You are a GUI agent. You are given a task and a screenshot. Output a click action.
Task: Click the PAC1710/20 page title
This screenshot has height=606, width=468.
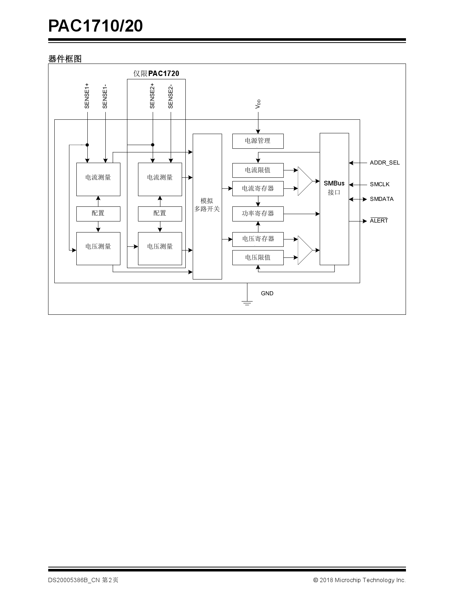point(95,26)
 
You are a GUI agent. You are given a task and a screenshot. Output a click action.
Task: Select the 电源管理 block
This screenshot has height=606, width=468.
point(258,141)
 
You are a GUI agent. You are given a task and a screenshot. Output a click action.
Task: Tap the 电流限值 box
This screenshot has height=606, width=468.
point(258,170)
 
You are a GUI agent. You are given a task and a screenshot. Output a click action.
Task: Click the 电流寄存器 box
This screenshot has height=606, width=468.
point(258,188)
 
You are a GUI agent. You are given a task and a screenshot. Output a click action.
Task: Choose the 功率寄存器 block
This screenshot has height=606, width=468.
point(258,214)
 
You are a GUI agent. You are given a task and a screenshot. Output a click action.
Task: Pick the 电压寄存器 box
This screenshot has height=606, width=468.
point(258,239)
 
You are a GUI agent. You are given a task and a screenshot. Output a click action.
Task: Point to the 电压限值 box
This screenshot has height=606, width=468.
point(258,257)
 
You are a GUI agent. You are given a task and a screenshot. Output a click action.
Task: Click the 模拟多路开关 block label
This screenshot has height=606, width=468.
point(207,205)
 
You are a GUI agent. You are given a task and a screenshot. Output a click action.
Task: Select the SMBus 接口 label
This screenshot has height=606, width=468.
point(334,188)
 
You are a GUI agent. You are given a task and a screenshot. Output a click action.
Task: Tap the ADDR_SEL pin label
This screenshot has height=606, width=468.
point(385,163)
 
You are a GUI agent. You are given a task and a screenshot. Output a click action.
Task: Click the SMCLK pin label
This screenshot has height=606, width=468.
point(380,184)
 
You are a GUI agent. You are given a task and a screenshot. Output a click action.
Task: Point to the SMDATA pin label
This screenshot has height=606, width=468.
point(381,199)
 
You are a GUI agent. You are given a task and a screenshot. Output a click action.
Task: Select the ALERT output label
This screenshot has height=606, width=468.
point(379,221)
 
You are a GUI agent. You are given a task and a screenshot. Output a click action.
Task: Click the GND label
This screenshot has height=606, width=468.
point(267,293)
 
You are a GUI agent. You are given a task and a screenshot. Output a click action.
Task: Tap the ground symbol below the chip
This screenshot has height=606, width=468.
point(247,303)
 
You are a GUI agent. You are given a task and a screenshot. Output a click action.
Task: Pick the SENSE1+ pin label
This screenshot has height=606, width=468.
point(87,95)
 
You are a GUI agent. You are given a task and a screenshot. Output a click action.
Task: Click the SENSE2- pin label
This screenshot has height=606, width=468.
point(171,97)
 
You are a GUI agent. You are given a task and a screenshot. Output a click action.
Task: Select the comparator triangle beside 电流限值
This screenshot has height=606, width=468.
point(305,181)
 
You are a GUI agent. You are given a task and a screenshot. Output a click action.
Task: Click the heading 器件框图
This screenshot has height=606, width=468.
point(65,59)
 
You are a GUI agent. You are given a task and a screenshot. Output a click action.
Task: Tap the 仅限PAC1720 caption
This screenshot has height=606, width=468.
point(156,73)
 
